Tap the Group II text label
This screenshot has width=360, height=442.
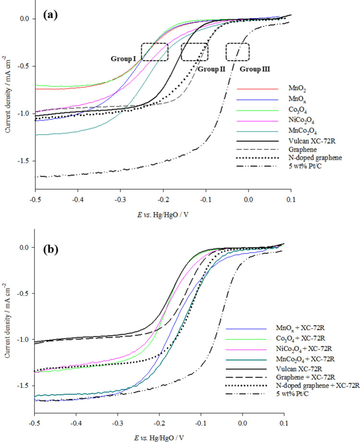210,69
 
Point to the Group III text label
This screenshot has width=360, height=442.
255,69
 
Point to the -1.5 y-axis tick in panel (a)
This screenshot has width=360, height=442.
24,161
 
